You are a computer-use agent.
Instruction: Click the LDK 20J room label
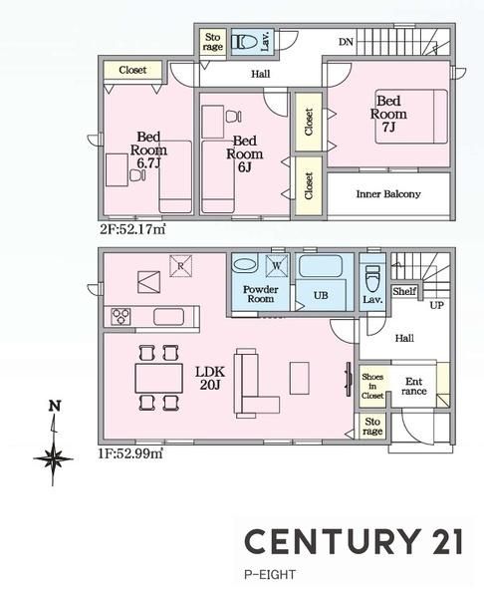coord(209,378)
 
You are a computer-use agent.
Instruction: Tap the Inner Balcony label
coord(388,194)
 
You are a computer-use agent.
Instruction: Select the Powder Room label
coord(261,294)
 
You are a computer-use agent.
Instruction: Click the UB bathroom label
coord(321,295)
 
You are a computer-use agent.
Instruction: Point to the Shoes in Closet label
coord(372,386)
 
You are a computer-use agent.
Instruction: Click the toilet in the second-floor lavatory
coord(244,41)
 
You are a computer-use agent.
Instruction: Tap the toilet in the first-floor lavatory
coord(372,279)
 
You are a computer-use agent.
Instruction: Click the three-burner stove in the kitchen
coord(121,317)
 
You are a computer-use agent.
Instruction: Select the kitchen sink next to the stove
coord(168,317)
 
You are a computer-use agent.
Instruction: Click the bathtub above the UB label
coord(320,266)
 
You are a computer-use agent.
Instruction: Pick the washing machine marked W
coord(277,265)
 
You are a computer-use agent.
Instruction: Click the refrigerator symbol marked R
coord(180,266)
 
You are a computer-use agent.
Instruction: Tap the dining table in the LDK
coord(159,378)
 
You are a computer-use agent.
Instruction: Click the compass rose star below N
coord(53,458)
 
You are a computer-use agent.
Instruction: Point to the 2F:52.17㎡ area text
coord(132,229)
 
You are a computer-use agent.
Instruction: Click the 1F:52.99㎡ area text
coord(131,453)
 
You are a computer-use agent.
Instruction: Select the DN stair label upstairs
coord(346,42)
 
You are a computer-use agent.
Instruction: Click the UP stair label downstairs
coord(437,306)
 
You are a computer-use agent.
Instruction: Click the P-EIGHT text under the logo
coord(270,574)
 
